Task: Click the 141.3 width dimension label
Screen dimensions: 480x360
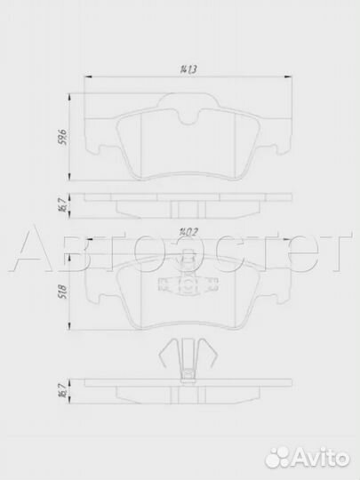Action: tap(188, 68)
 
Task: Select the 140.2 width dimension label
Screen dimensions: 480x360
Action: tap(188, 233)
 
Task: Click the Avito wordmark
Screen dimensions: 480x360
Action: tap(319, 458)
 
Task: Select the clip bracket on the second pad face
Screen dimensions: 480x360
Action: tap(188, 284)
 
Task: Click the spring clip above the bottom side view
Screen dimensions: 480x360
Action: tap(188, 360)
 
